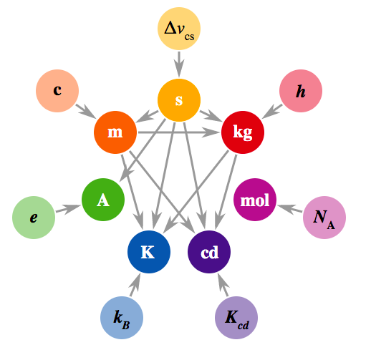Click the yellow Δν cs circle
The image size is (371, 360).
(179, 29)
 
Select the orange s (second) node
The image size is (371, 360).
(179, 100)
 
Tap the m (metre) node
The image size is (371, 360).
(115, 132)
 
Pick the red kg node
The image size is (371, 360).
(243, 132)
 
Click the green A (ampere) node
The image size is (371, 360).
(103, 200)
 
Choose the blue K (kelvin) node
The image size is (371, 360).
(149, 252)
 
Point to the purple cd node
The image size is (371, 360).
(209, 252)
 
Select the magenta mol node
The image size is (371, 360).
(255, 200)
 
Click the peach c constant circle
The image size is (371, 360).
(57, 91)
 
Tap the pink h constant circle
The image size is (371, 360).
(301, 91)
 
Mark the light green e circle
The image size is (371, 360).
(34, 218)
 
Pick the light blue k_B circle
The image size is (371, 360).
(122, 318)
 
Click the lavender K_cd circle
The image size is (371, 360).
(236, 318)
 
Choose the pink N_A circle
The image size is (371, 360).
(324, 218)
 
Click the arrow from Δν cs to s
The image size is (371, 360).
(179, 64)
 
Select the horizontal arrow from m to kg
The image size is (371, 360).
(178, 132)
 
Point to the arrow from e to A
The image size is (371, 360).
(69, 208)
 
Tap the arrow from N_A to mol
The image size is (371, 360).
(289, 208)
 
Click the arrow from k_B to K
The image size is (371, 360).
(135, 285)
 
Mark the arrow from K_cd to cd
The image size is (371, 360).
(223, 285)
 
